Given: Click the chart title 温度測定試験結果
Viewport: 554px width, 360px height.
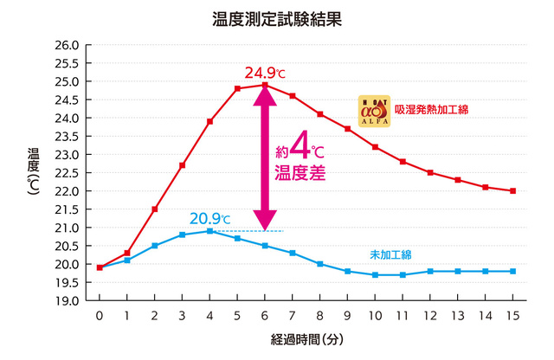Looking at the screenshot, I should [x=276, y=19].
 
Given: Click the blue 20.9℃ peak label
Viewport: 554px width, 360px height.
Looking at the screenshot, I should [x=210, y=218].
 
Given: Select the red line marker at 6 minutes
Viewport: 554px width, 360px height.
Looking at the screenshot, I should [x=264, y=85].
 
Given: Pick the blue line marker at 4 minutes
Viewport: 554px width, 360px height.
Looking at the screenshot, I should [x=209, y=231].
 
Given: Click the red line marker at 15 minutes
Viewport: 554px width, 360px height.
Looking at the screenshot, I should [x=512, y=190].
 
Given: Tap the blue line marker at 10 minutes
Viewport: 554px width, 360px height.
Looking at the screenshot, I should [x=375, y=274].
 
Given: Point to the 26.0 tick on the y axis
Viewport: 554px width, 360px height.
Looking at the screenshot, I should [x=67, y=45].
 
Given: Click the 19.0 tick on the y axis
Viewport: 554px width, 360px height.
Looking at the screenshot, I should [x=67, y=300].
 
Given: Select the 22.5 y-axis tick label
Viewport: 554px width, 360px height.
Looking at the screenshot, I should [x=67, y=173].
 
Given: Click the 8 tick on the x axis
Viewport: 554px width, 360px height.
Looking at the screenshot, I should [x=319, y=315].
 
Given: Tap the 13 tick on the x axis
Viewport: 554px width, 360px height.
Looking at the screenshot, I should [x=458, y=315].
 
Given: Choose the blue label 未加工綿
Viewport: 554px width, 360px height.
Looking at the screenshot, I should [x=390, y=254].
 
